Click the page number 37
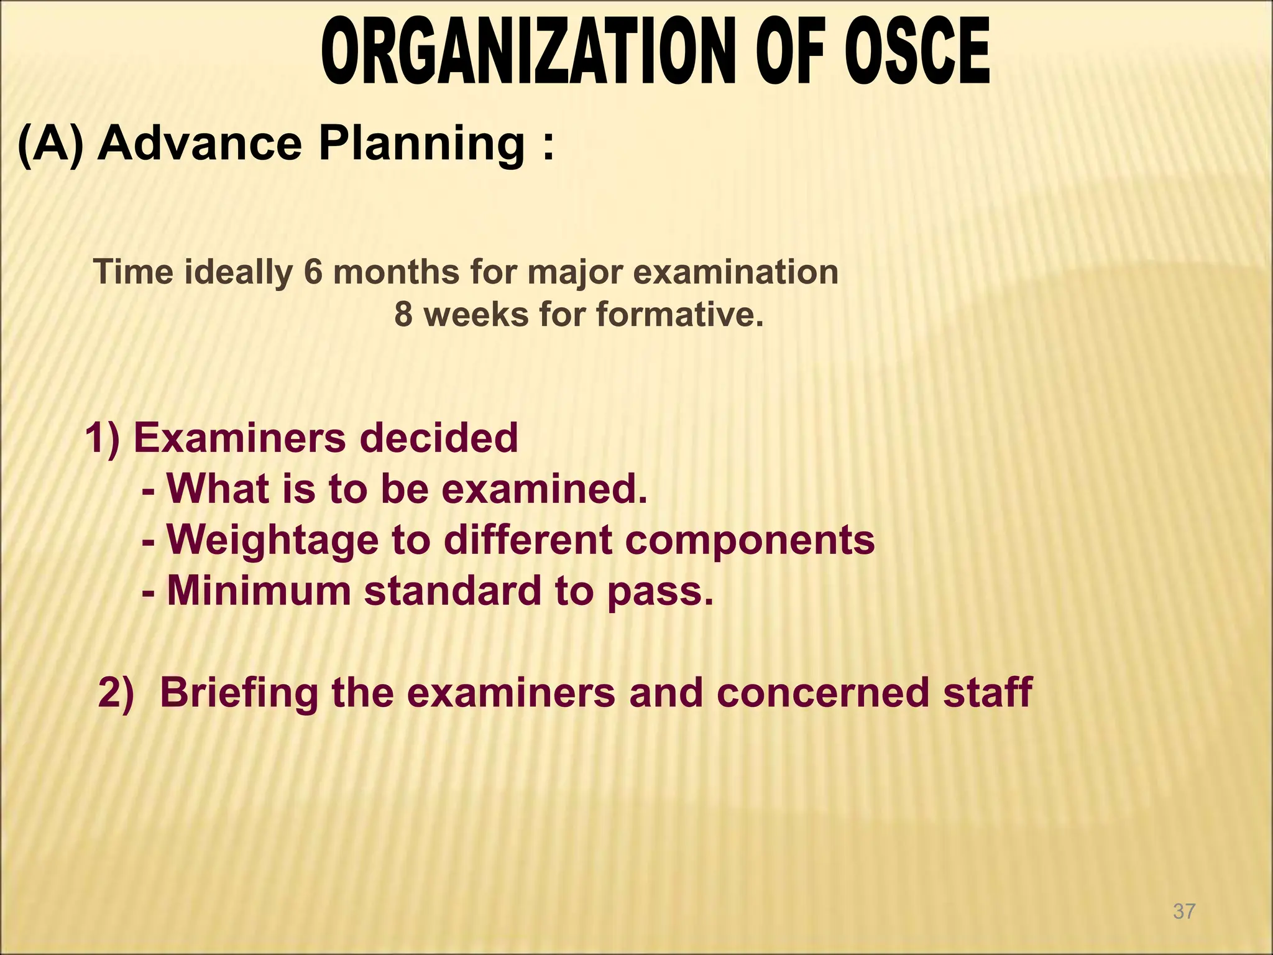coord(1184,911)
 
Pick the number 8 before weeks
coord(403,315)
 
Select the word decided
coord(439,438)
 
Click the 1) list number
coord(102,438)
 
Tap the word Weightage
coord(273,540)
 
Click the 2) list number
coord(116,693)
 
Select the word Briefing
coord(239,693)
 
